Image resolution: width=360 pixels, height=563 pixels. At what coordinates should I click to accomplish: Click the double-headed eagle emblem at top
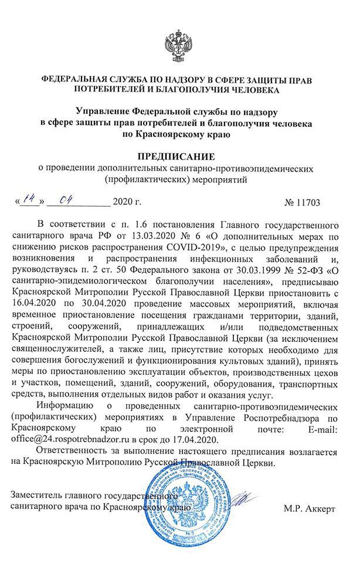180,46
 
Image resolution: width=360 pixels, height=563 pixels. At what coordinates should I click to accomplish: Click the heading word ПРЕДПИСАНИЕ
179,157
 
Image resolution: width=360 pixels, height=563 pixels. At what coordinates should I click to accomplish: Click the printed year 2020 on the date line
127,204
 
